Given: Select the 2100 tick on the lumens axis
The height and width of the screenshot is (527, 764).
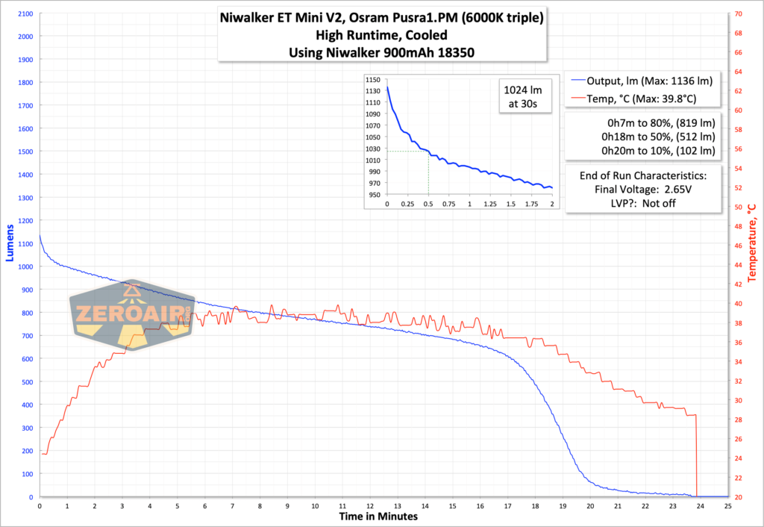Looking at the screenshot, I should (24, 14).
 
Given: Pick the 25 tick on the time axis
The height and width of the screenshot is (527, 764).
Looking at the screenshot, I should (728, 505).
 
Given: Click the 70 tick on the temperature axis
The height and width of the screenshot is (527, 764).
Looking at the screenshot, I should (739, 14).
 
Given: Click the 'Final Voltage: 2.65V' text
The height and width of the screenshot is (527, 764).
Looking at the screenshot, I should (643, 190).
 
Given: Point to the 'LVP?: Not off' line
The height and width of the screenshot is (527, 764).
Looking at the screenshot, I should (643, 203).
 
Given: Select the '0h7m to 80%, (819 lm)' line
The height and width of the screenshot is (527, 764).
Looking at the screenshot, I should (643, 123).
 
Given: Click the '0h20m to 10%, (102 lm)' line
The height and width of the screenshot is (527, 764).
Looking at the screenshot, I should (643, 151).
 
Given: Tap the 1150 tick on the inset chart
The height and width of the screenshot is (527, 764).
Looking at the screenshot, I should (373, 80).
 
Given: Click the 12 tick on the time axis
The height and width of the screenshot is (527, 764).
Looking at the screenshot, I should (370, 505).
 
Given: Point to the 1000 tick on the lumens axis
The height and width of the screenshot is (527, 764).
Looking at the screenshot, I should (24, 266).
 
